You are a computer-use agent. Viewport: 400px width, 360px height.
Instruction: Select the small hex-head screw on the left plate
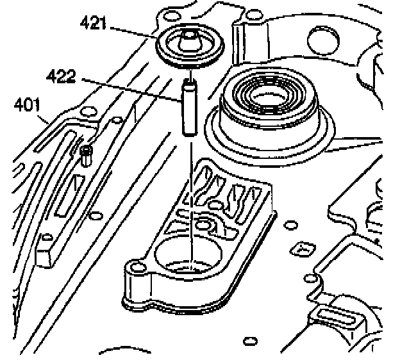click(87, 152)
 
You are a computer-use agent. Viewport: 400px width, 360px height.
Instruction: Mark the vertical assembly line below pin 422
click(190, 192)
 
